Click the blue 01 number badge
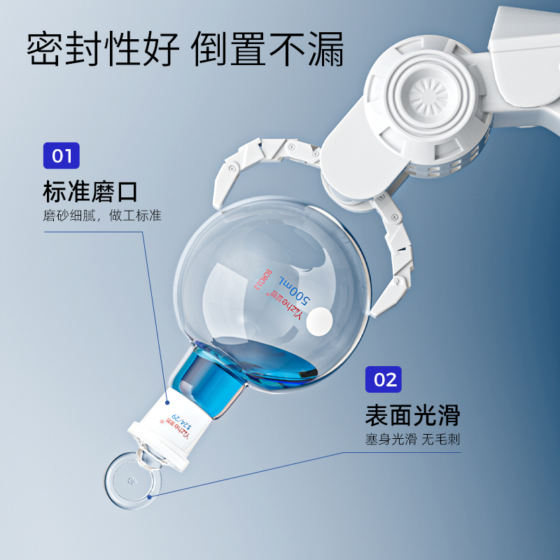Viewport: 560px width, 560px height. pos(62,155)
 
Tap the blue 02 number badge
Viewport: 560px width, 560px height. pos(384,380)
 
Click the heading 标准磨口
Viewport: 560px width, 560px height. pos(90,190)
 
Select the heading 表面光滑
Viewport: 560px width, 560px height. pos(412,414)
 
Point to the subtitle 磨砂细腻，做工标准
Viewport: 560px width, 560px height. pos(101,216)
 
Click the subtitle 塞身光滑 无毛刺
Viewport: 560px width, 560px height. pos(412,440)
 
